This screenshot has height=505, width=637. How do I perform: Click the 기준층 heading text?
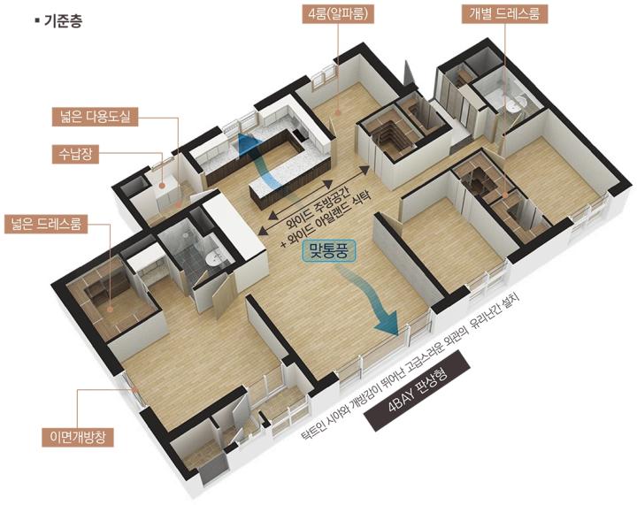click(x=64, y=20)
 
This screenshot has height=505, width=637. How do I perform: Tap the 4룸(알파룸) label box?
click(x=338, y=14)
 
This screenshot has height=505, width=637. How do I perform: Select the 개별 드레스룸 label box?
click(x=504, y=14)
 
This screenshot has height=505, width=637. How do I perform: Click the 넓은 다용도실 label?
click(x=95, y=117)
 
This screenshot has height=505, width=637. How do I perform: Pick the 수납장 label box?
click(x=75, y=154)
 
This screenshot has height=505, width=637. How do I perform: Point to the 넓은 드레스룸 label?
click(x=46, y=224)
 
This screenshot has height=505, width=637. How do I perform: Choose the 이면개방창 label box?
click(x=78, y=437)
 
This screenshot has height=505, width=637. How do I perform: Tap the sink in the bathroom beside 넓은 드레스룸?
click(x=212, y=258)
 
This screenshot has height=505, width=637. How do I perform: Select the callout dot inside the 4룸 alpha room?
click(x=338, y=113)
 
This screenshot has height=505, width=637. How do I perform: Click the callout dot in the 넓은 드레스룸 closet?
click(x=110, y=310)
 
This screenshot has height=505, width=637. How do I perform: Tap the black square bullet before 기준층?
click(x=38, y=19)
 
